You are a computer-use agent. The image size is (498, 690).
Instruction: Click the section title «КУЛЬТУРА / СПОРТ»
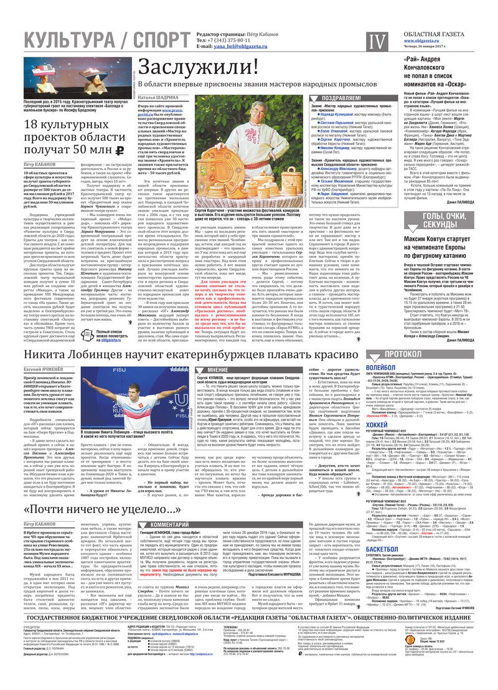click(x=96, y=41)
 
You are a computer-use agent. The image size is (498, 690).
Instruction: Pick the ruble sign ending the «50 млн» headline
click(x=120, y=149)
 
